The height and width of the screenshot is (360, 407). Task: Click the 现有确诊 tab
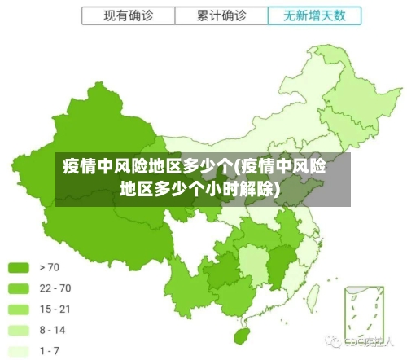click(x=128, y=15)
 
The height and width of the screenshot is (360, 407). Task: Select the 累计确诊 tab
click(x=221, y=15)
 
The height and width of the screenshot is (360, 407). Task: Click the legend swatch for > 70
click(x=19, y=267)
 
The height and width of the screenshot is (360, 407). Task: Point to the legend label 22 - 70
click(x=55, y=288)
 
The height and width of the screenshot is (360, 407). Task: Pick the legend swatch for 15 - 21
click(x=19, y=309)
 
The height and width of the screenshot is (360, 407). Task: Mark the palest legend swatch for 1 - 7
click(x=19, y=350)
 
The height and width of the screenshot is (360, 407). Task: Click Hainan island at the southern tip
click(x=242, y=335)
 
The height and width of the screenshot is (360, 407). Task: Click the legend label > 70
click(x=48, y=267)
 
